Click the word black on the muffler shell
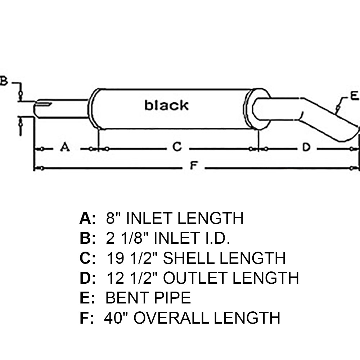point(166,105)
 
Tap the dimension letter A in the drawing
point(64,147)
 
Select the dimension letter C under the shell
point(176,147)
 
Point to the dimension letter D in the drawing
point(306,147)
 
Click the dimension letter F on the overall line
point(194,166)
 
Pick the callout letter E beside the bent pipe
point(354,96)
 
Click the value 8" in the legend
point(113,218)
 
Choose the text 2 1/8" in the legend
point(126,238)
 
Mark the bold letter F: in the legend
point(86,318)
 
